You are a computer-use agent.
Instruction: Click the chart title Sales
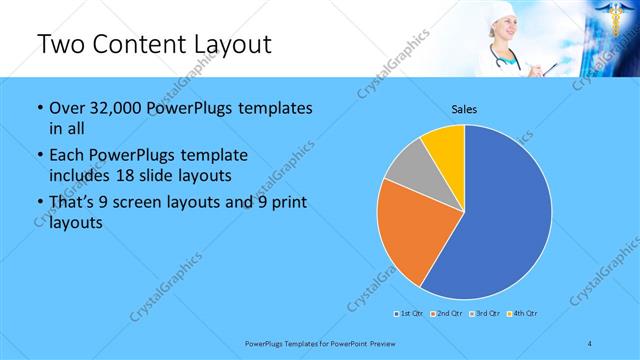point(463,108)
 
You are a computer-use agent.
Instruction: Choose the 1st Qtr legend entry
point(408,314)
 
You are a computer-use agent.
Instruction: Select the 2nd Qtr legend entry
point(446,314)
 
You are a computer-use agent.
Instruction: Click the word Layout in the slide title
point(228,45)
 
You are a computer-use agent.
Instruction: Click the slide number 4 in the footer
point(591,343)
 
